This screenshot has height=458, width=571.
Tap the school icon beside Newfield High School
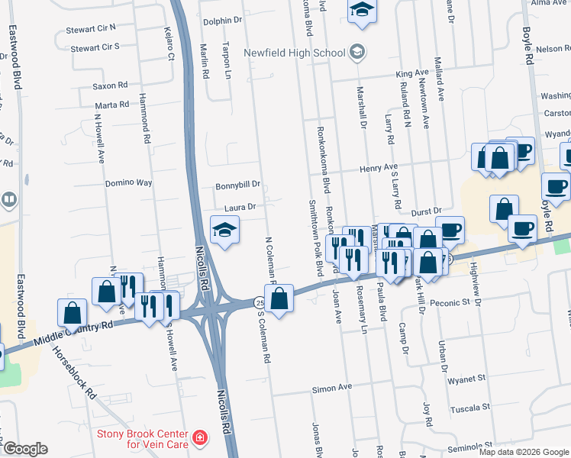point(356,53)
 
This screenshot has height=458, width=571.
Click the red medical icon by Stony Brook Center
point(199,438)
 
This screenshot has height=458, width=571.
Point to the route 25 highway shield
point(260,303)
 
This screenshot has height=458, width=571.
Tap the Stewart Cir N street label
point(91,27)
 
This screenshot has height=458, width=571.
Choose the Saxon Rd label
point(110,85)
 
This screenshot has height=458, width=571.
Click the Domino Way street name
point(129,183)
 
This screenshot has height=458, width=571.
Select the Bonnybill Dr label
point(238,185)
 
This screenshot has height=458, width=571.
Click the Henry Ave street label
point(380,168)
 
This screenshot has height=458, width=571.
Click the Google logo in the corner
point(25,449)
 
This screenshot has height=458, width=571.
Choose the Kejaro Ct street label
point(169,46)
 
